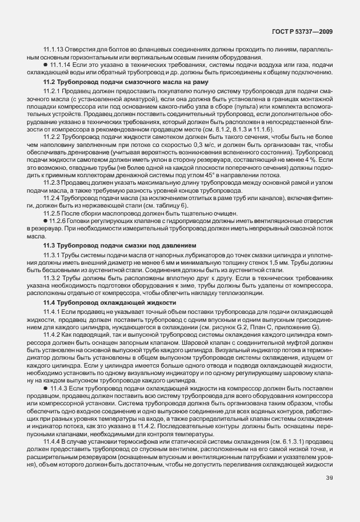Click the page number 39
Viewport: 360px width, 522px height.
point(329,494)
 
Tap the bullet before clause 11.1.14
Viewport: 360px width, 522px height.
point(45,66)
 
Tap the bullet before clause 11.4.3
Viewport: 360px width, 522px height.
point(45,388)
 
